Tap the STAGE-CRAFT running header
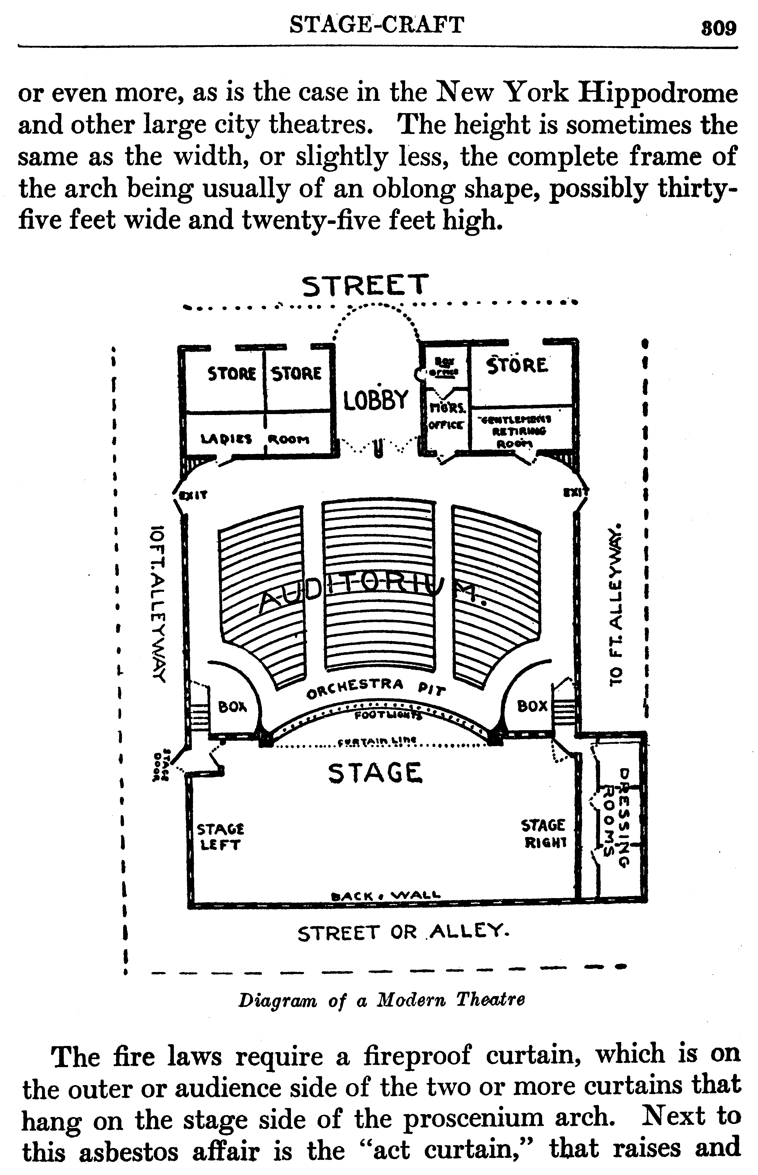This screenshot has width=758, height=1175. click(x=377, y=25)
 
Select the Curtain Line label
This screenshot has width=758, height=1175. click(x=377, y=741)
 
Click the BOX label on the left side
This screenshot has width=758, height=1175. click(x=232, y=707)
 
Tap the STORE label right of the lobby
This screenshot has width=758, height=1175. click(x=516, y=366)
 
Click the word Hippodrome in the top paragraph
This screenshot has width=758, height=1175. click(x=657, y=94)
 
